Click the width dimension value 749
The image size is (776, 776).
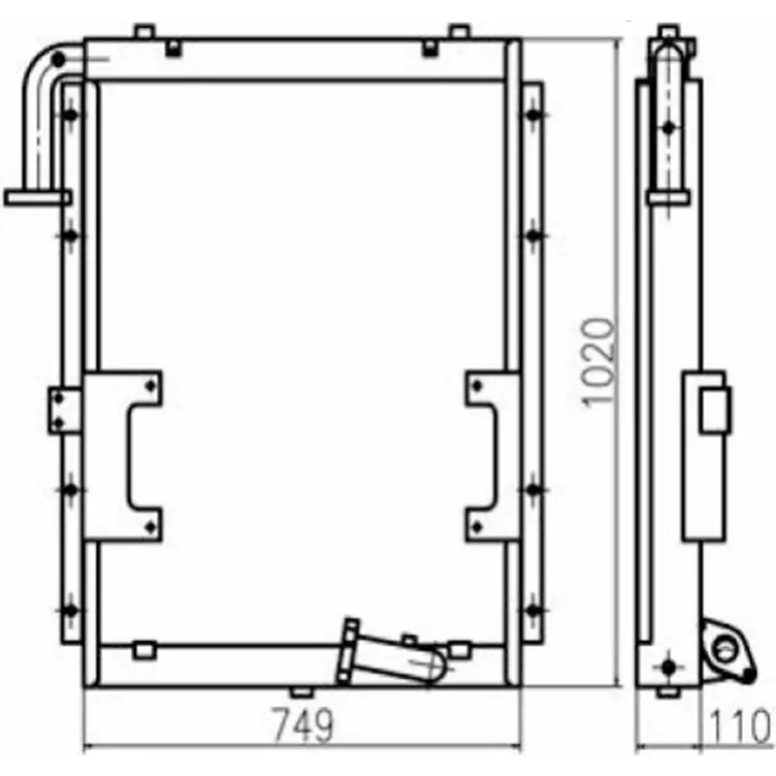pos(302,725)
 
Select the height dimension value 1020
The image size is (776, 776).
pos(598,361)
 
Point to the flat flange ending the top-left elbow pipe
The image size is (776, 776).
pos(37,198)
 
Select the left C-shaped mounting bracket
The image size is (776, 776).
pos(123,455)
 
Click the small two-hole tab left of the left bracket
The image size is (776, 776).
pos(64,410)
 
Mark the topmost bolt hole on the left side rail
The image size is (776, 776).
pos(70,114)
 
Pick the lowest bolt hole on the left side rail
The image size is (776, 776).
pos(70,610)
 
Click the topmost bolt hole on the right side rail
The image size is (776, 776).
pos(533,114)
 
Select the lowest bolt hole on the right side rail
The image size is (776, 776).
pos(533,610)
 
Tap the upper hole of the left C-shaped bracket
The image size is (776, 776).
pos(148,386)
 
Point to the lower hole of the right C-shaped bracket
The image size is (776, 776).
pos(476,525)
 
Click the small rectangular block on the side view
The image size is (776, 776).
pos(716,408)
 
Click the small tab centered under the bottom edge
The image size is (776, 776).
pos(302,692)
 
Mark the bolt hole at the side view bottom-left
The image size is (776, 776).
pos(666,667)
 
